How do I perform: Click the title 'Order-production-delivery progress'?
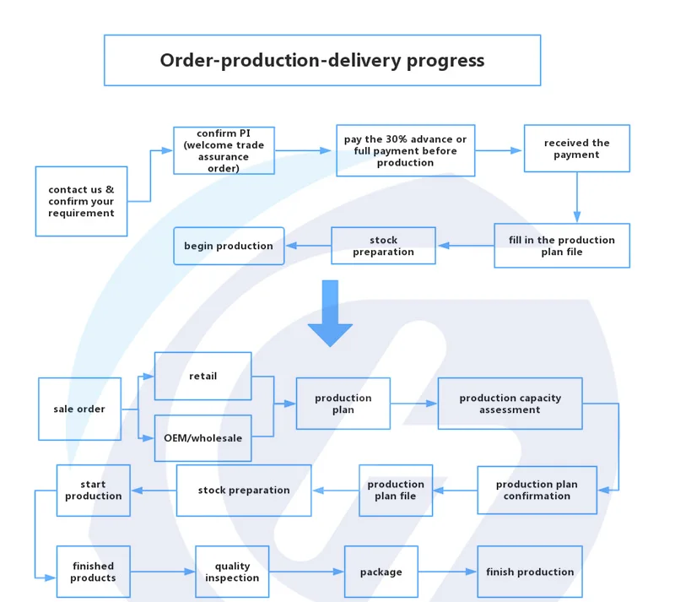tap(322, 60)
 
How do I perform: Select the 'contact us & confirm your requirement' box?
tap(81, 202)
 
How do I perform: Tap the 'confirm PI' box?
tap(224, 150)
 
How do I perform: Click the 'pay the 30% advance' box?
tap(405, 151)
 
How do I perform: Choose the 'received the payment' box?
tap(576, 149)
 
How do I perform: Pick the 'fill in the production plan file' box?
tap(561, 246)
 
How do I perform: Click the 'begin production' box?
tap(229, 246)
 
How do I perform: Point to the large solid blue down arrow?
tap(329, 313)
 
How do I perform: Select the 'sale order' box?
tap(79, 409)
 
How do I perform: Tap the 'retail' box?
tap(202, 376)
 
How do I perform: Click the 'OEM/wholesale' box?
tap(202, 438)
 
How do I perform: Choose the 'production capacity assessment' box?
tap(510, 404)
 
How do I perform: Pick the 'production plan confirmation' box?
tap(537, 490)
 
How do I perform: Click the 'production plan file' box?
tap(396, 490)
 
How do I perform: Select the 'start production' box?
tap(93, 491)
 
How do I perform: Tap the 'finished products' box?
tap(93, 572)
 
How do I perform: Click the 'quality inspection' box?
tap(232, 572)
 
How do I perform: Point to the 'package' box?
tap(381, 572)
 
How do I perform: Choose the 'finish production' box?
tap(530, 572)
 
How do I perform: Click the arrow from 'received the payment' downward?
tap(577, 198)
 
